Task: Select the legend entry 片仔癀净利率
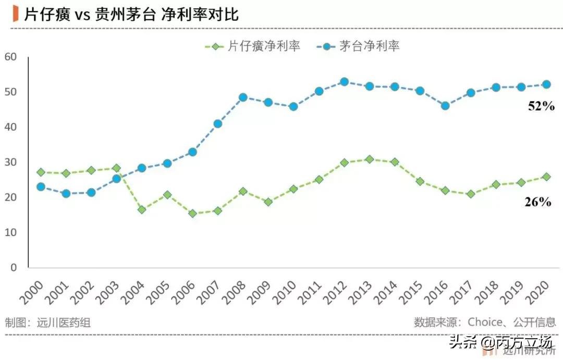pyautogui.click(x=252, y=46)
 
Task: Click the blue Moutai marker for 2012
pyautogui.click(x=344, y=82)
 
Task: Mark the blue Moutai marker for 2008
pyautogui.click(x=243, y=97)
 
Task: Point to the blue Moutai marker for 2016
pyautogui.click(x=445, y=106)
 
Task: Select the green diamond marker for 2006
pyautogui.click(x=192, y=214)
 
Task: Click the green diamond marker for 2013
pyautogui.click(x=369, y=159)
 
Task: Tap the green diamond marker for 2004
pyautogui.click(x=142, y=209)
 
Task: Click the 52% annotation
pyautogui.click(x=540, y=106)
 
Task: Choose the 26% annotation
pyautogui.click(x=537, y=202)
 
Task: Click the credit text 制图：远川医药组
pyautogui.click(x=48, y=322)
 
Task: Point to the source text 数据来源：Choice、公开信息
pyautogui.click(x=485, y=322)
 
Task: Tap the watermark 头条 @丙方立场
pyautogui.click(x=500, y=342)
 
